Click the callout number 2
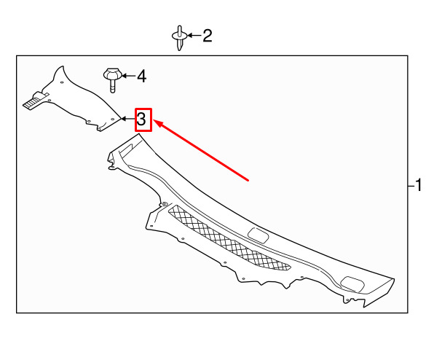click(208, 36)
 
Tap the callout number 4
click(142, 76)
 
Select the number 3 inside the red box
click(141, 120)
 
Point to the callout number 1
click(418, 185)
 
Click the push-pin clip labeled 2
click(180, 38)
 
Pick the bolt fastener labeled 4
click(112, 79)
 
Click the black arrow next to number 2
click(194, 36)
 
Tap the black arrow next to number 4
click(128, 76)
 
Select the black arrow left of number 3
click(128, 119)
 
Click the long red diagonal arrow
click(201, 150)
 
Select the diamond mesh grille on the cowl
click(229, 238)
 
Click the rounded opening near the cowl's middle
click(259, 235)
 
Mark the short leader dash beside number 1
click(411, 186)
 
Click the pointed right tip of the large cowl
click(394, 278)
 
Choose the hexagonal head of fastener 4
click(113, 73)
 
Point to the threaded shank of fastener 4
click(112, 86)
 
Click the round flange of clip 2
click(180, 36)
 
